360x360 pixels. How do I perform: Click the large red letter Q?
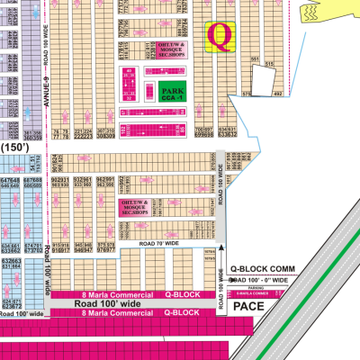[219, 36]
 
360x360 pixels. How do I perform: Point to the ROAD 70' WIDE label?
[161, 244]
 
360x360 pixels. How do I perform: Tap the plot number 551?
[256, 59]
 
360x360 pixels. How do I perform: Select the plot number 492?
[278, 92]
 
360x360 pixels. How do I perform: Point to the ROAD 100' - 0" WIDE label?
[262, 281]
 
